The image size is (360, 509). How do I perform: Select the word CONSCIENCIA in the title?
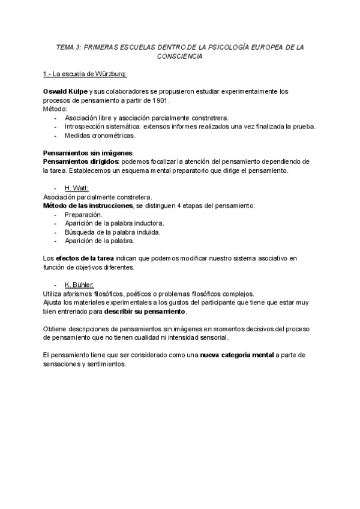pos(180,56)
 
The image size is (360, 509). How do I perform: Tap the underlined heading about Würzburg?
pos(85,74)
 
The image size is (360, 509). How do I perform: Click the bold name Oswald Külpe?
pos(65,91)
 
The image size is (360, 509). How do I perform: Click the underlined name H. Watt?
pos(76,188)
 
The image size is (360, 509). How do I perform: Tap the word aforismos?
pos(83,294)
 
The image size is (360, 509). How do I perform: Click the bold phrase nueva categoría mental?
pos(237,355)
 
